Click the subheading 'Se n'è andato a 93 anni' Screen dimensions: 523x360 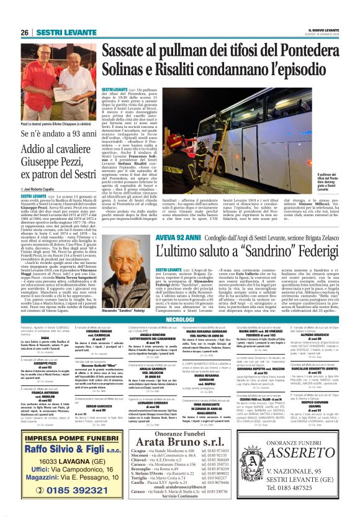click(45, 134)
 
